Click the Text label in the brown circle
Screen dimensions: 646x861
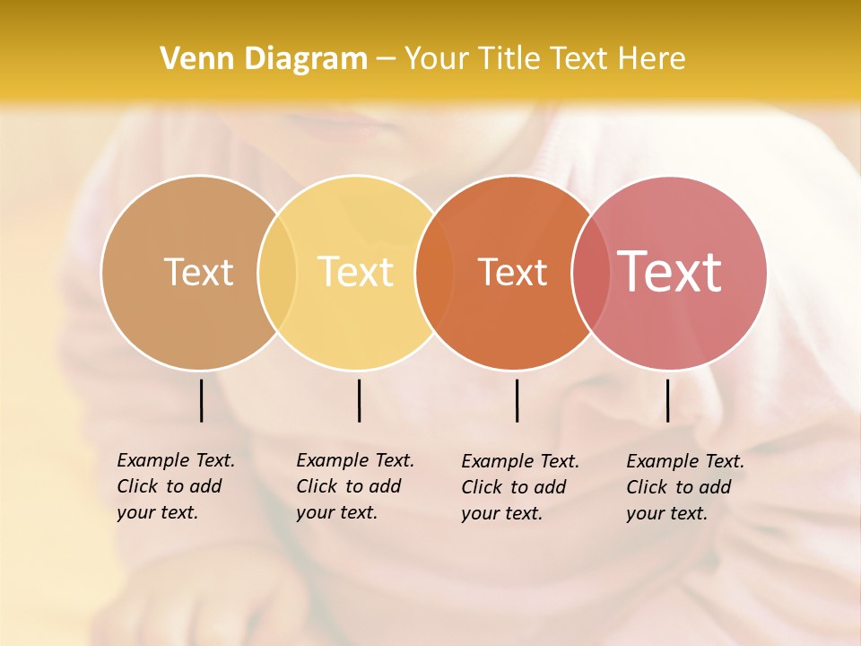click(198, 272)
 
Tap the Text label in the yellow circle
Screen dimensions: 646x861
click(356, 272)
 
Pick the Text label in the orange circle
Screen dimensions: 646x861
click(512, 272)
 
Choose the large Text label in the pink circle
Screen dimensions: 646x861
click(670, 271)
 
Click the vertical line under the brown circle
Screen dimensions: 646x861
click(201, 400)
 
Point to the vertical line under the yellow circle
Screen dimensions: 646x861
click(359, 400)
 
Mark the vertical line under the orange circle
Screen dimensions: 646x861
click(517, 400)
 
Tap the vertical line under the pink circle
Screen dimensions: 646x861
click(667, 400)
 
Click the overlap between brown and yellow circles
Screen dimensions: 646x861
click(277, 272)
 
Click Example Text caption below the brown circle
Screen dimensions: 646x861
click(175, 486)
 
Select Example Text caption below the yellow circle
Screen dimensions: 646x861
click(354, 486)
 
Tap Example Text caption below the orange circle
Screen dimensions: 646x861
click(519, 487)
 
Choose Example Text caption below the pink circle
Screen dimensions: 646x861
click(684, 487)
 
